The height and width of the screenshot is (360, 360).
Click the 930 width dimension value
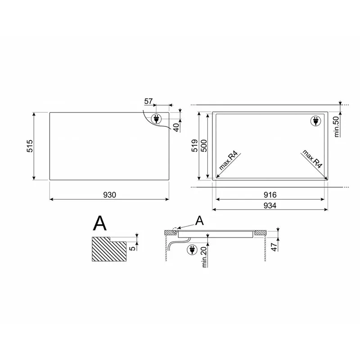[109, 195]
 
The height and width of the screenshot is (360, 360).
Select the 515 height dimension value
[30, 146]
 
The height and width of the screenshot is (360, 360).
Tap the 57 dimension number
[148, 101]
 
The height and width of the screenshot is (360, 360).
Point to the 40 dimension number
[176, 127]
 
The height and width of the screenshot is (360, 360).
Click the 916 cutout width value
[270, 195]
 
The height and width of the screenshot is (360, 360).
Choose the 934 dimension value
[270, 206]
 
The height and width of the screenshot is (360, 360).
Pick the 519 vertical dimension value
[195, 145]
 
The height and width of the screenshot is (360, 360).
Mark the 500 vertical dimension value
[204, 145]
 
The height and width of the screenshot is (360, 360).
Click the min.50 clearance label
[336, 127]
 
